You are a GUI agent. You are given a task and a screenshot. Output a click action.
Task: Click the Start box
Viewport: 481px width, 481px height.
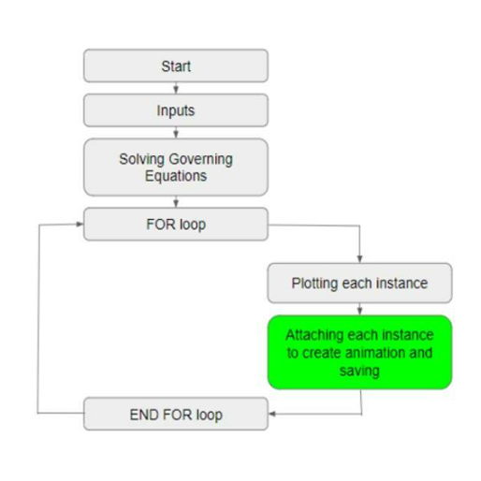(x=176, y=66)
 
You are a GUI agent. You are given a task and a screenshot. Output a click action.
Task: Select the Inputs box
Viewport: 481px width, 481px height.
(x=176, y=110)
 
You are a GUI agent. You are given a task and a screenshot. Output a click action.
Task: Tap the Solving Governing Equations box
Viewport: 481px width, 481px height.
(x=176, y=168)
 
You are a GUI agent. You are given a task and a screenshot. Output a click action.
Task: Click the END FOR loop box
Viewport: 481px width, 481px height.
(x=176, y=414)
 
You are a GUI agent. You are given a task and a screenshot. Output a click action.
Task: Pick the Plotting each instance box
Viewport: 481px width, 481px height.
(x=359, y=283)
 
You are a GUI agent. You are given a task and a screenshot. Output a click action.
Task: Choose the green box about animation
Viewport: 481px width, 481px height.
(x=359, y=352)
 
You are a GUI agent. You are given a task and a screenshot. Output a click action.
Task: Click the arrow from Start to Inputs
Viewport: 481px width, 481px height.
(x=176, y=88)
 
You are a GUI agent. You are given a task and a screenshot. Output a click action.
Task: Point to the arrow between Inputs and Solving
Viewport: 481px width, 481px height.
(x=176, y=133)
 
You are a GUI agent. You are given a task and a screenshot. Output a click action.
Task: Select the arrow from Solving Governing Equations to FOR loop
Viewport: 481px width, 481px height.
(x=176, y=202)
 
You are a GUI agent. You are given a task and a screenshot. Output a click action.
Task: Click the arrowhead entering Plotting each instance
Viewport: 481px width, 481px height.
(x=359, y=259)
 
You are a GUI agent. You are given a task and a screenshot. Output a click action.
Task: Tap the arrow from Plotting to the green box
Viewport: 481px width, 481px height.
(x=359, y=309)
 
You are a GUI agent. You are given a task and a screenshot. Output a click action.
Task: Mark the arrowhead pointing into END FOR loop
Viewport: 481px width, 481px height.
(x=272, y=414)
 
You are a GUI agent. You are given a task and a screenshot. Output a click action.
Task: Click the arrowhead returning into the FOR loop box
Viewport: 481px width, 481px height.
(x=80, y=224)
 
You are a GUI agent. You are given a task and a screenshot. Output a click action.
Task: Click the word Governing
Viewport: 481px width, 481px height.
(x=201, y=160)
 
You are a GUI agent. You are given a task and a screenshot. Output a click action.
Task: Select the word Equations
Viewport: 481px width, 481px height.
(x=176, y=176)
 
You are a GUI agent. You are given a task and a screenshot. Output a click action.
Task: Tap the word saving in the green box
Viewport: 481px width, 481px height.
(x=359, y=372)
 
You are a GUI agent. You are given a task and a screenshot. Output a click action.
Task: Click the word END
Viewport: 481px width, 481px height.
(x=144, y=415)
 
